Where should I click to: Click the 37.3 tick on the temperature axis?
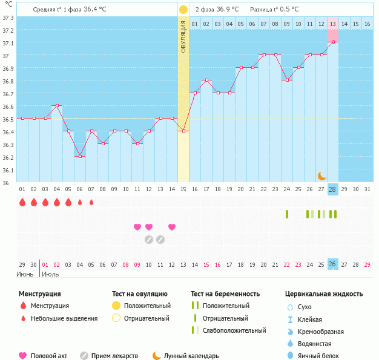[8, 18]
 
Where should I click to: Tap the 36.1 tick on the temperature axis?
[8, 170]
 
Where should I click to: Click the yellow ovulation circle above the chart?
[183, 10]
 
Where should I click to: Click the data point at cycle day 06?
[80, 156]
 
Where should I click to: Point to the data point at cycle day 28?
[332, 42]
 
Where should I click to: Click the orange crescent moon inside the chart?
[322, 175]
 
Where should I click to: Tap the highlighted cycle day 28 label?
[332, 189]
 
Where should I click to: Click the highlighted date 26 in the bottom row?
[332, 265]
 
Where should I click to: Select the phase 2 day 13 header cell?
[332, 24]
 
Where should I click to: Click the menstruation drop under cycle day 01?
[22, 203]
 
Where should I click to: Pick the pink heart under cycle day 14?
[172, 227]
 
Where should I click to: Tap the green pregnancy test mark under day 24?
[287, 214]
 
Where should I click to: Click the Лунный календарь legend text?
[194, 356]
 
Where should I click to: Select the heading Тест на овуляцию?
[140, 293]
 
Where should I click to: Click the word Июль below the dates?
[51, 274]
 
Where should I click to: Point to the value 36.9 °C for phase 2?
[227, 10]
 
